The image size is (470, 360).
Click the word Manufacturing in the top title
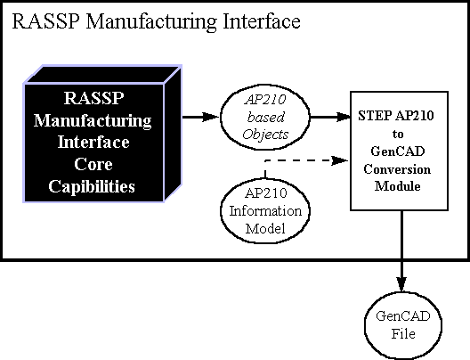(151, 22)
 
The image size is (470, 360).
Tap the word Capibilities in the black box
(92, 186)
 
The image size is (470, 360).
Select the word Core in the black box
(93, 164)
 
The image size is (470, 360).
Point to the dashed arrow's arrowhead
(340, 160)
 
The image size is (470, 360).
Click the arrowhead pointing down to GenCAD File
(401, 283)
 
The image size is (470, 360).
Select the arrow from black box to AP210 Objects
(201, 117)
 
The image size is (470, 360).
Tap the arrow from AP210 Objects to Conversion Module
(330, 117)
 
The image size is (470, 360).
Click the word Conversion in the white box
(397, 169)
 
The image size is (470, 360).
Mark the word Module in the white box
(398, 186)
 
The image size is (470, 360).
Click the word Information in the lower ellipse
(265, 211)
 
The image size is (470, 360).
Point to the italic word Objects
(265, 135)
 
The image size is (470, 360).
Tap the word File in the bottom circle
(403, 333)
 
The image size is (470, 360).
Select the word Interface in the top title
(262, 22)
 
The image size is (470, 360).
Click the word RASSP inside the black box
(93, 98)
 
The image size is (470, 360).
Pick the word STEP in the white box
(375, 116)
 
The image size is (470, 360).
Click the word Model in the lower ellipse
(265, 229)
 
